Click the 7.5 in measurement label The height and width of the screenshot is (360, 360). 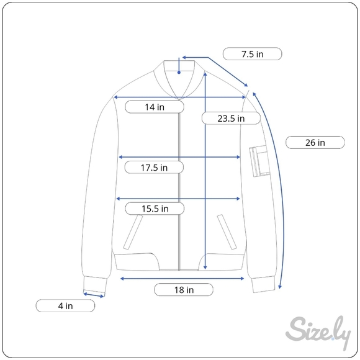(253, 54)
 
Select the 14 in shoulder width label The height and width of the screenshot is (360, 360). (155, 107)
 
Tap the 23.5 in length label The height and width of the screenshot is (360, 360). (231, 118)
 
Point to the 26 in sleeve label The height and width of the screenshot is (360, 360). (315, 142)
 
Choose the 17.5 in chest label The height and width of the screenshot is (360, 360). (154, 168)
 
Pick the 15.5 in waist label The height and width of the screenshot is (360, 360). (155, 209)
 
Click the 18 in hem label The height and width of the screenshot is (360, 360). (184, 290)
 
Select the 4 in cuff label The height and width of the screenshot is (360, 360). (65, 305)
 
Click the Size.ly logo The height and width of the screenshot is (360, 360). (318, 332)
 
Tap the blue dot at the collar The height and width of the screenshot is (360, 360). (179, 73)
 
